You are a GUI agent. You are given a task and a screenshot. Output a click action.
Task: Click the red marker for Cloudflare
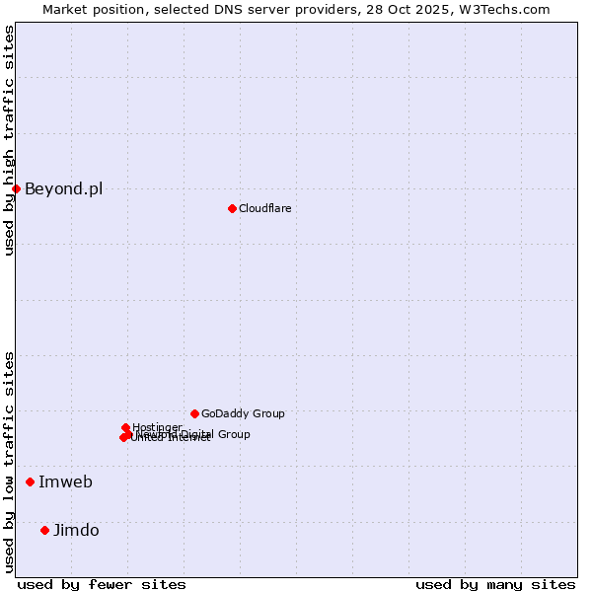pos(232,208)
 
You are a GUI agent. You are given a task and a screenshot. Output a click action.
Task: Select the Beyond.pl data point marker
pos(16,188)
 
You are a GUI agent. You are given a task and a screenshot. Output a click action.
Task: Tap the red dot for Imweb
pos(31,481)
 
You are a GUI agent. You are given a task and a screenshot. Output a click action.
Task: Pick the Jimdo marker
pos(44,530)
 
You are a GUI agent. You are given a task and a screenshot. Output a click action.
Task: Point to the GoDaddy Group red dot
pos(194,413)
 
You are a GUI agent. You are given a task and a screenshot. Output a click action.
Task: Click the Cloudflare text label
pos(264,208)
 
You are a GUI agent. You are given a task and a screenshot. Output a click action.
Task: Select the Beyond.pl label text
pos(63,189)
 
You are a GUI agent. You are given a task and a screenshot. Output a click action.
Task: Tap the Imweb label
pos(65,481)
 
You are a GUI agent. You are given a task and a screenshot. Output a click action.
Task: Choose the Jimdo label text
pos(76,531)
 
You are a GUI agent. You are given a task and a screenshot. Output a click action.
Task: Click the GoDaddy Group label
pos(243,414)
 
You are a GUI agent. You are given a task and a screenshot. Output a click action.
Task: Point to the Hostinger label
pos(157,427)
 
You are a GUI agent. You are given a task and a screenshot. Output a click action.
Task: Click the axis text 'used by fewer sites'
pos(102,584)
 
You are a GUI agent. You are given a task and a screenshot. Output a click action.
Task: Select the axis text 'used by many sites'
pos(495,584)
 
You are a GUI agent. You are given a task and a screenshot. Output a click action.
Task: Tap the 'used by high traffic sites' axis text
pos(9,140)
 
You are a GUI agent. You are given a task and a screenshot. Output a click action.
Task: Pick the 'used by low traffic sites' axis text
pos(9,462)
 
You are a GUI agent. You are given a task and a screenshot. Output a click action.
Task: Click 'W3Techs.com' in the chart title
pos(507,9)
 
